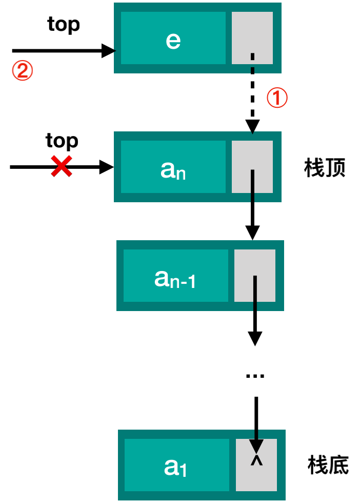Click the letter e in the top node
(173, 40)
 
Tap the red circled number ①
(277, 98)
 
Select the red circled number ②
(23, 71)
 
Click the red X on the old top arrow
(62, 167)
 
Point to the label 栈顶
(325, 168)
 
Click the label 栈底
(328, 465)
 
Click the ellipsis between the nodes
(255, 376)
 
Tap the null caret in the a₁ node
(256, 461)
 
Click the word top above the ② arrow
(64, 24)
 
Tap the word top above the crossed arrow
(62, 140)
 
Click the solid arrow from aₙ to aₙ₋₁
(252, 205)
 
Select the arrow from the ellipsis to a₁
(256, 421)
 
